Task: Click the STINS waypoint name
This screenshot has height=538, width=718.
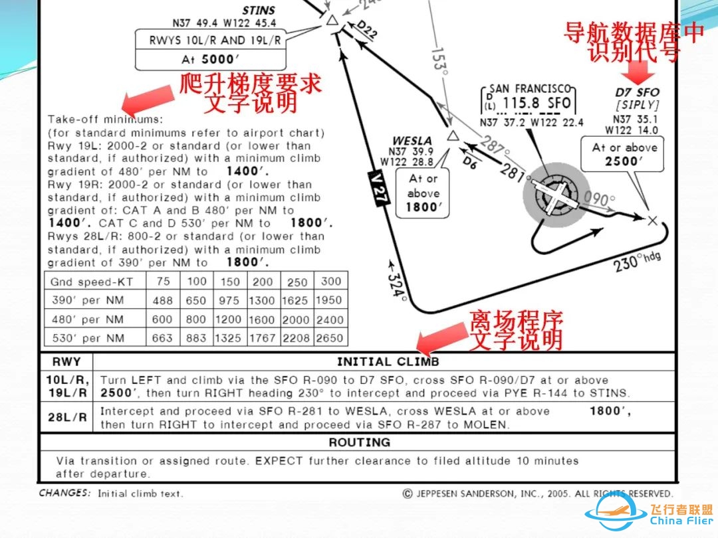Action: pos(259,10)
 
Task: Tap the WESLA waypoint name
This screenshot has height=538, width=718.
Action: pos(412,140)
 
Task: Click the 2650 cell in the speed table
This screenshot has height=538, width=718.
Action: pos(329,338)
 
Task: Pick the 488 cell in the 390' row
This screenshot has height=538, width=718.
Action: pos(163,300)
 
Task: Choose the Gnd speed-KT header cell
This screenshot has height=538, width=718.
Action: pos(92,282)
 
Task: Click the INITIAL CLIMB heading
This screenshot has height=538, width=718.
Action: pos(388,362)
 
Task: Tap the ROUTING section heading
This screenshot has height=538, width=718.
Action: pos(360,442)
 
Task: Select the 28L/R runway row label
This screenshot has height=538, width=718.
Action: pos(67,417)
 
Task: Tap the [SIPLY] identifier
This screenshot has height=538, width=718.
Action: pos(637,105)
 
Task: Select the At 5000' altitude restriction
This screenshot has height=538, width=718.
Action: pos(210,60)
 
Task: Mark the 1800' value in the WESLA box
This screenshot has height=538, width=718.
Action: pos(423,207)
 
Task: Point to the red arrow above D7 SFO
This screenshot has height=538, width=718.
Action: pos(638,71)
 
